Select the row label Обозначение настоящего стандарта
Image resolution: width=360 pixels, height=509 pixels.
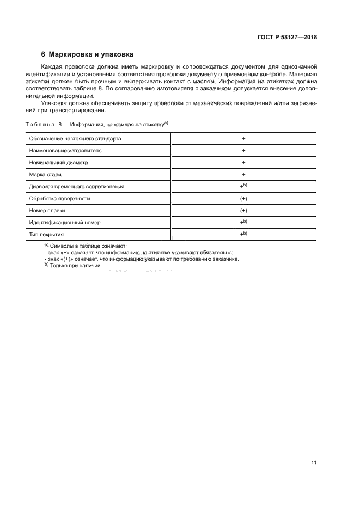[x=75, y=138]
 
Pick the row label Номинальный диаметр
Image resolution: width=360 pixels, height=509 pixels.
[x=58, y=162]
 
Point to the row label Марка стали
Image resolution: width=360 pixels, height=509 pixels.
[x=46, y=174]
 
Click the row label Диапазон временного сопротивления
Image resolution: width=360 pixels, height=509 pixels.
[x=76, y=186]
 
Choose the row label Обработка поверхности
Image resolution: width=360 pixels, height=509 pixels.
[x=59, y=198]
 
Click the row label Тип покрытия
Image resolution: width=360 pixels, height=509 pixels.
[x=47, y=235]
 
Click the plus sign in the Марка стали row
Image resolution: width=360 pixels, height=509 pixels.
[x=243, y=174]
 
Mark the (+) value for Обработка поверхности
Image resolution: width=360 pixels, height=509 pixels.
[x=243, y=198]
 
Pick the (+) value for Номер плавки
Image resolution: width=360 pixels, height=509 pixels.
[x=243, y=210]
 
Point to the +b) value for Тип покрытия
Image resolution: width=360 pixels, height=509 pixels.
[x=243, y=234]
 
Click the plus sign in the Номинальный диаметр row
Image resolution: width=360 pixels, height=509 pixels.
[x=243, y=162]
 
